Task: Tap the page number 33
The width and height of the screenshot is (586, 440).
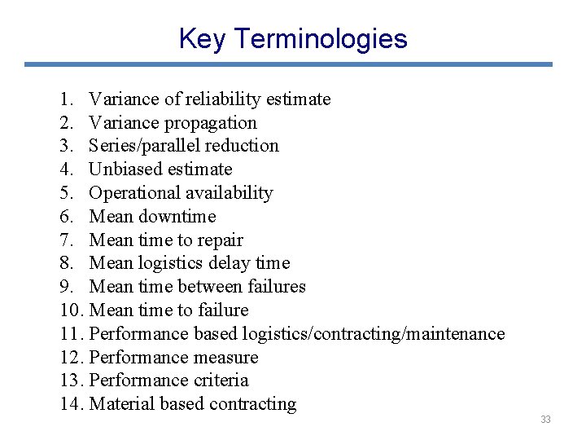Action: tap(545, 420)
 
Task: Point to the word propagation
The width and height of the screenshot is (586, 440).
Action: tap(211, 123)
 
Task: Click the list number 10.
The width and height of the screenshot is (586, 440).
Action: tap(72, 310)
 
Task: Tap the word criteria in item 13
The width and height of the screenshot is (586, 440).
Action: tap(221, 381)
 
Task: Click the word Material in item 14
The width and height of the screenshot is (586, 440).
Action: tap(122, 404)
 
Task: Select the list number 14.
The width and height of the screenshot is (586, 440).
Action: tap(72, 404)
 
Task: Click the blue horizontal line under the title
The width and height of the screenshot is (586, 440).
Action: tap(288, 64)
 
